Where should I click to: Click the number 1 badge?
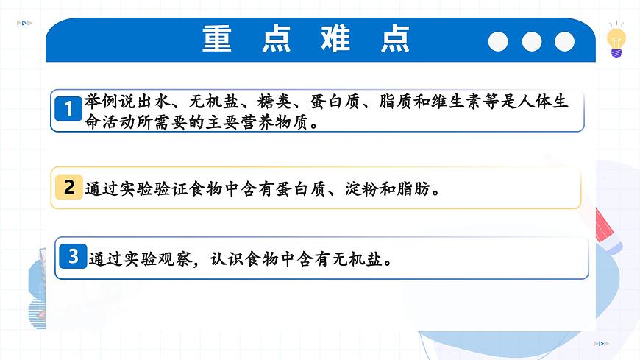pyautogui.click(x=69, y=110)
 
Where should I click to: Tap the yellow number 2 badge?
pyautogui.click(x=69, y=187)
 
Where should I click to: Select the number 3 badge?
pyautogui.click(x=73, y=257)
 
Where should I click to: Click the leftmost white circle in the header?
pyautogui.click(x=498, y=42)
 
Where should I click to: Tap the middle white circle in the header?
pyautogui.click(x=531, y=42)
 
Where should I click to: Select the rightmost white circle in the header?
pyautogui.click(x=564, y=42)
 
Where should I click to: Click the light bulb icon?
pyautogui.click(x=616, y=43)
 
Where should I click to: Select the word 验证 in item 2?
pyautogui.click(x=173, y=189)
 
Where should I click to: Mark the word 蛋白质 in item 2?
pyautogui.click(x=301, y=189)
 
